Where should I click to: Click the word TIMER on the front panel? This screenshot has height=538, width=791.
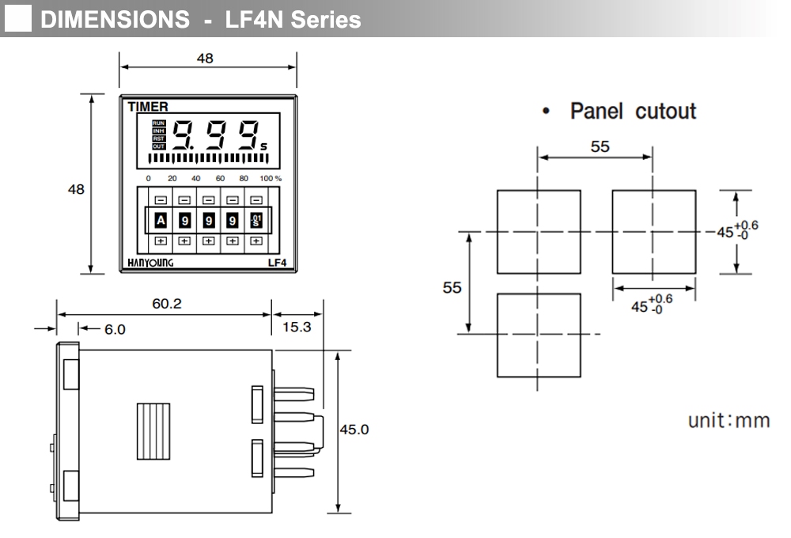click(x=148, y=107)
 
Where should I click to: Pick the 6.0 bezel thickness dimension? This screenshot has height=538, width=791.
click(x=115, y=329)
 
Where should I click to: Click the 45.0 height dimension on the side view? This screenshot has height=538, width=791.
click(x=354, y=430)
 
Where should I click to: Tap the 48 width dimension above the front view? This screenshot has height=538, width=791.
click(x=205, y=59)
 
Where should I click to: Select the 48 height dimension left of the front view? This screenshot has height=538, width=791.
click(x=76, y=190)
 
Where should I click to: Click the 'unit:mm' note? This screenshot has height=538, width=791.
click(x=729, y=420)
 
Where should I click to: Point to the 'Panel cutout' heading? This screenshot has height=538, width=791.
click(x=633, y=111)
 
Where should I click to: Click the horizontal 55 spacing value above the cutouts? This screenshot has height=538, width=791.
click(x=600, y=146)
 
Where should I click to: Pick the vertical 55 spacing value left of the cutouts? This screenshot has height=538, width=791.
click(x=452, y=288)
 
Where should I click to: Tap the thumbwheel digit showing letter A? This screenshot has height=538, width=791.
click(x=161, y=221)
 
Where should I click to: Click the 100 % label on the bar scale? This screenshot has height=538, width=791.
click(x=271, y=179)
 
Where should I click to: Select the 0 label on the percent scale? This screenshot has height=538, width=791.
click(x=149, y=179)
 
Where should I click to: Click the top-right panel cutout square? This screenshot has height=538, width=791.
click(x=653, y=232)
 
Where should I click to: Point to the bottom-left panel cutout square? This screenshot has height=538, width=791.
click(x=539, y=335)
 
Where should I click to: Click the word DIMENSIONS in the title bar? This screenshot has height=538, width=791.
click(x=115, y=20)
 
